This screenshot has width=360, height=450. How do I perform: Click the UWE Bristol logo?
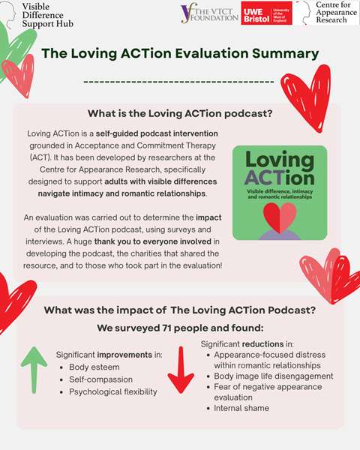[266, 13]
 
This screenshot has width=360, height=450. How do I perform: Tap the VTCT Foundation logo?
[209, 13]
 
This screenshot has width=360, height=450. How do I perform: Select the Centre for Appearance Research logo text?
[336, 12]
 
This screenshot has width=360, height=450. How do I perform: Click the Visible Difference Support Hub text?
[48, 15]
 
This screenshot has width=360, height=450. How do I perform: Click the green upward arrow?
[34, 370]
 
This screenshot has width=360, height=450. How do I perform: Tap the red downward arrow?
[181, 370]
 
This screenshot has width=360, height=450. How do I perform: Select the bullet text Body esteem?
[94, 367]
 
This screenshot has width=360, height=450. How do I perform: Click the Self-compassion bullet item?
[100, 379]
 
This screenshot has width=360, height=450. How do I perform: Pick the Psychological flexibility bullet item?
[113, 391]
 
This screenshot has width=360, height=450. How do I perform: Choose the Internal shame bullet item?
[241, 408]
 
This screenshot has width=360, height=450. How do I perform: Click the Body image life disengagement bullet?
[274, 376]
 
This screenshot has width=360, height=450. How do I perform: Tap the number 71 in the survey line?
[168, 328]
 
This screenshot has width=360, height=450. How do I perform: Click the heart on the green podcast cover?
[280, 217]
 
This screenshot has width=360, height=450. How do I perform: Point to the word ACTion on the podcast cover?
[279, 178]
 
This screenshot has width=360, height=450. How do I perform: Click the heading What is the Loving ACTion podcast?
[180, 114]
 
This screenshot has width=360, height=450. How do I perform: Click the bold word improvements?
[124, 355]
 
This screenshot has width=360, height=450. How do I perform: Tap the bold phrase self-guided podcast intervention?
[157, 133]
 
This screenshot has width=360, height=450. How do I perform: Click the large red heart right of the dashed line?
[306, 98]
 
